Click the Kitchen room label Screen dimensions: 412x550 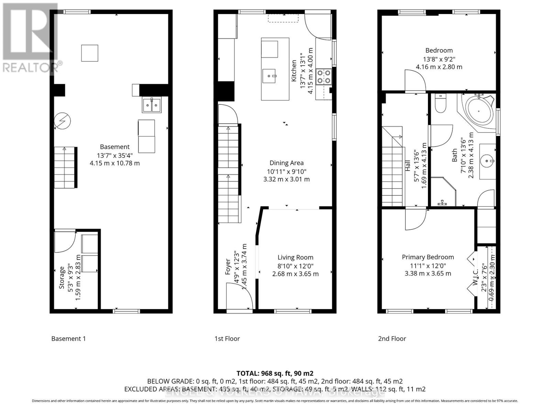(x=294, y=71)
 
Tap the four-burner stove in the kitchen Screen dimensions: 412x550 (x=323, y=77)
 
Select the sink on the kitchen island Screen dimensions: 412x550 (x=269, y=76)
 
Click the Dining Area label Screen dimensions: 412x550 (x=286, y=163)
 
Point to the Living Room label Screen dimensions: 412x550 (x=295, y=257)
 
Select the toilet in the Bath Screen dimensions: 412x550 (x=440, y=104)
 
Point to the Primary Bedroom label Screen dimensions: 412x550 (x=428, y=257)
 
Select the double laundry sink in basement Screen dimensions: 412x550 (x=152, y=105)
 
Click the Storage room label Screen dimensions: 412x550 (x=62, y=277)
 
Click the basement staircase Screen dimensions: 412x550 (x=65, y=167)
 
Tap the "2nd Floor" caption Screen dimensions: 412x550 (x=392, y=339)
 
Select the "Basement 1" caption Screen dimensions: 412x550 (x=68, y=339)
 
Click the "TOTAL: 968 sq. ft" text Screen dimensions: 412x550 (x=275, y=373)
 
